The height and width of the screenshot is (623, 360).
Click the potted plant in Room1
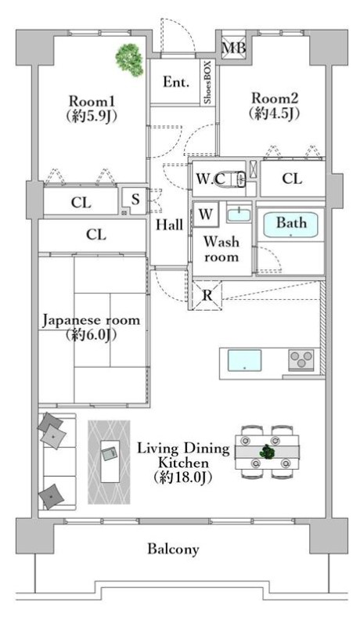point(129,59)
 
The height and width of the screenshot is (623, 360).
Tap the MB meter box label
point(233,48)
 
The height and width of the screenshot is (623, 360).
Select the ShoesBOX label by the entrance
point(208,83)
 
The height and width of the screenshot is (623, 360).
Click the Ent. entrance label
point(176,82)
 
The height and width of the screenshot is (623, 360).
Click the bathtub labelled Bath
point(291,225)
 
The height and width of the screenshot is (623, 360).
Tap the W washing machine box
point(206,214)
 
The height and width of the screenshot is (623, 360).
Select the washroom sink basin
point(239,214)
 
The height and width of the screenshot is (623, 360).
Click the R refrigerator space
point(207,296)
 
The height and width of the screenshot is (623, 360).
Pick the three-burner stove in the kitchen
point(301,360)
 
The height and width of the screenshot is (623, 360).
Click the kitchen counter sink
point(244,360)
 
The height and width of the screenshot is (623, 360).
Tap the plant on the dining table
point(267,452)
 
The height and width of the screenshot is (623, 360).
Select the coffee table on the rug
point(110,461)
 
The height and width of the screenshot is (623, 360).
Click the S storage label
point(135,199)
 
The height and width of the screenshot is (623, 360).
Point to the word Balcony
point(173,549)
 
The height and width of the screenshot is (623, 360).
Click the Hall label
point(169,225)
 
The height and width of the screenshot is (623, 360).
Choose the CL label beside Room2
point(292,178)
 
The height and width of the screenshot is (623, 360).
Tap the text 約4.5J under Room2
point(275,114)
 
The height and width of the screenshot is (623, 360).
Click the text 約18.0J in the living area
point(183,477)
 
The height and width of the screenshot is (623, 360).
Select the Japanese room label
point(91,321)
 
